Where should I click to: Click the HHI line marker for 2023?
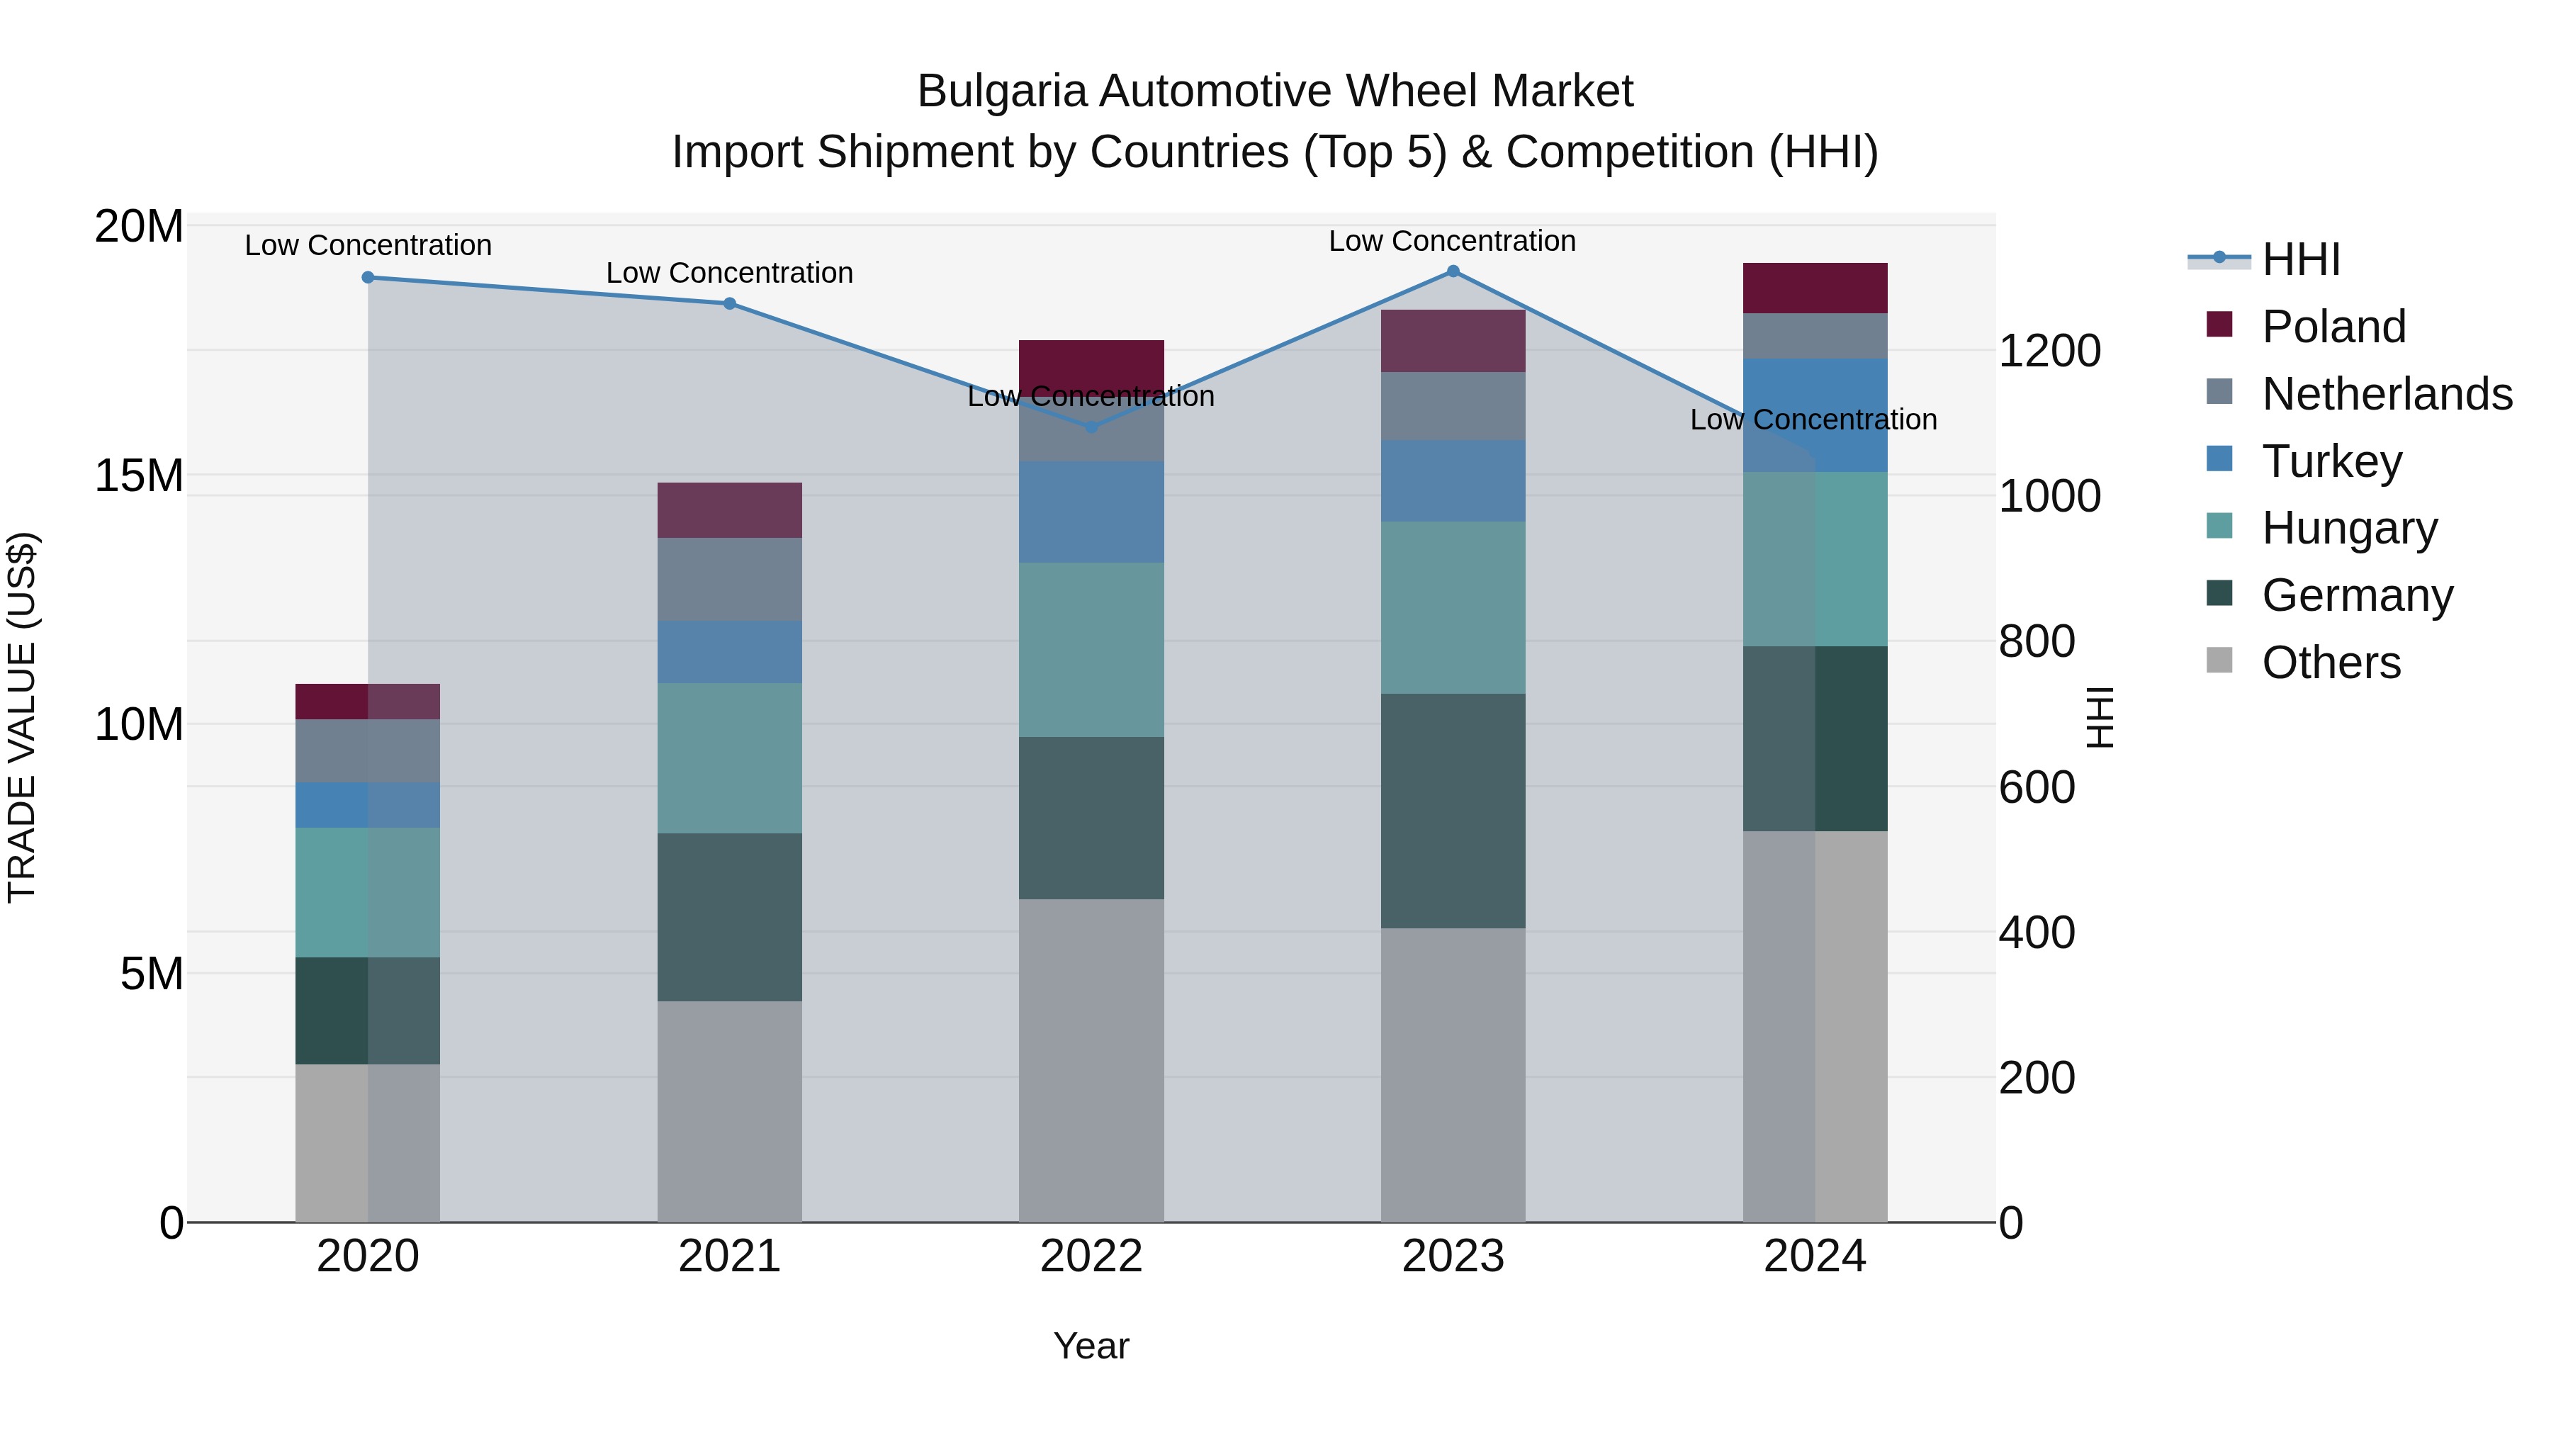(1453, 271)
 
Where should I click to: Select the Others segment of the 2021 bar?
(729, 1111)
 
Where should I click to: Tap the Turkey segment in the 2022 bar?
(1091, 512)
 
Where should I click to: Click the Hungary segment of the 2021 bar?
(729, 758)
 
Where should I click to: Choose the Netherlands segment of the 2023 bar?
(1453, 406)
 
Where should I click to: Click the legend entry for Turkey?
(2331, 461)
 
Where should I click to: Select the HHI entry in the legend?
(2300, 259)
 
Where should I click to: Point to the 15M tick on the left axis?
(139, 476)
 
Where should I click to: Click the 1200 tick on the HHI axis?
(2049, 351)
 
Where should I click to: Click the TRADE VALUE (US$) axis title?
(22, 717)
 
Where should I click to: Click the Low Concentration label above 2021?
(729, 274)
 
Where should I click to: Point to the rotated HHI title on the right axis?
(2100, 717)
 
